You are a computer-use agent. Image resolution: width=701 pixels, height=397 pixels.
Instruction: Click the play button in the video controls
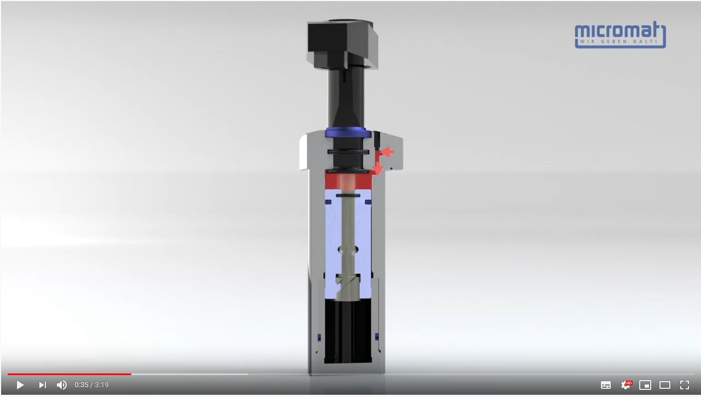[20, 385]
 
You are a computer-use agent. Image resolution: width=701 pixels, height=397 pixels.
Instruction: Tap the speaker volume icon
[62, 385]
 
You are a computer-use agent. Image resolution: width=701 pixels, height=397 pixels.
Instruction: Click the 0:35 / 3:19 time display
[92, 385]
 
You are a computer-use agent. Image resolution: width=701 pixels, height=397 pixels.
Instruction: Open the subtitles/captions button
[606, 385]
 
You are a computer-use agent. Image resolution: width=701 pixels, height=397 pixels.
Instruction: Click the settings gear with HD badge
[626, 385]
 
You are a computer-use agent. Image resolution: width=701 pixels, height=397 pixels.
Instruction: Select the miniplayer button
[645, 385]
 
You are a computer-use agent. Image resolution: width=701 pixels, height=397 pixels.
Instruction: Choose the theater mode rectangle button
[665, 385]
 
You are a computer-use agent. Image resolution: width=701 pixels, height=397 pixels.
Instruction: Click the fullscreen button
[685, 385]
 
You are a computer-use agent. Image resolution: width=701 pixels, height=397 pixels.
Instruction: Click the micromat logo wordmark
[620, 31]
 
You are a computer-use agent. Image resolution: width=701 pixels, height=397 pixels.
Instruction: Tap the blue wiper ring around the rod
[345, 132]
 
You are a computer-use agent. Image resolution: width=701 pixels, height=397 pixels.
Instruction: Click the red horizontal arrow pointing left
[387, 151]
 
